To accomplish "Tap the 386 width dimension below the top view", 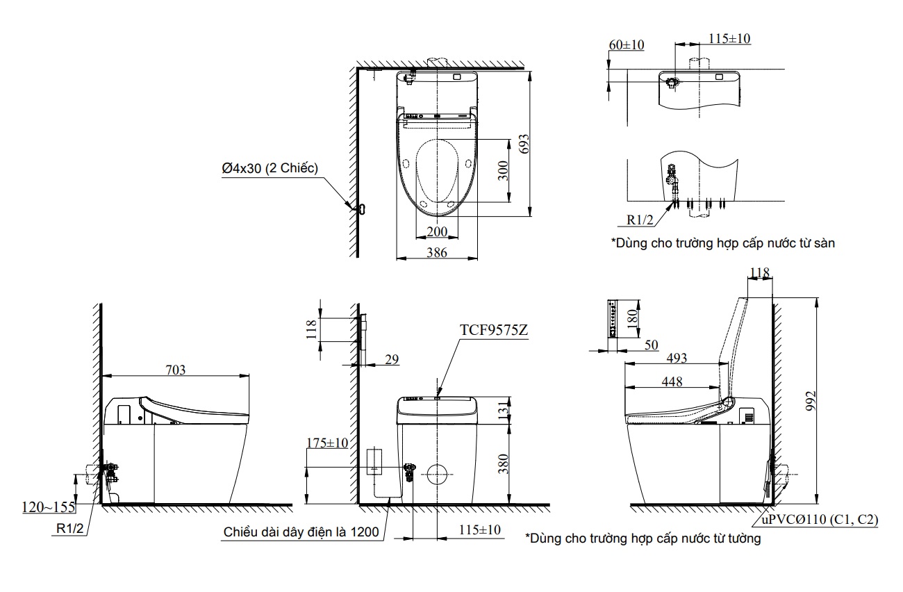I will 437,253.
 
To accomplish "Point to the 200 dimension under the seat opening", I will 437,231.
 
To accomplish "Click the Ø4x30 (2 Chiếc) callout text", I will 270,168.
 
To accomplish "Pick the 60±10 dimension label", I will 627,44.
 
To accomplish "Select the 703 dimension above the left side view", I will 175,370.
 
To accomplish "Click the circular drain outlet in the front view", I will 437,474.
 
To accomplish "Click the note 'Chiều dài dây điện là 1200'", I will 301,532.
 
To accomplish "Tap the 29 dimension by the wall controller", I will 392,359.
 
